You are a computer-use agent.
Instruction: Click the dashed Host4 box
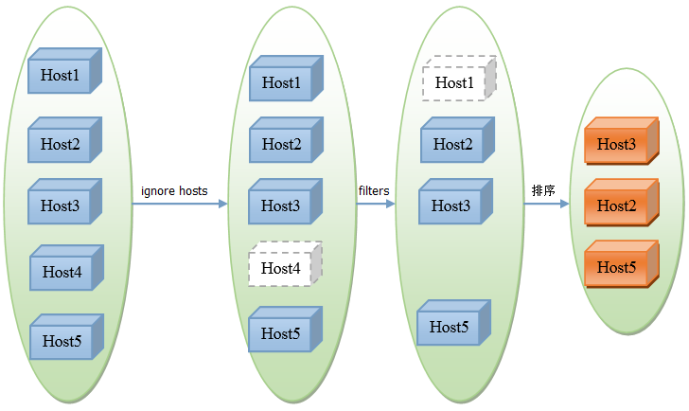[286, 264]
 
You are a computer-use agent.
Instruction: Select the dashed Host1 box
[459, 79]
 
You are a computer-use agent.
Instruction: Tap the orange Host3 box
[622, 141]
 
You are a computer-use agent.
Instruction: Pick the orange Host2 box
[622, 203]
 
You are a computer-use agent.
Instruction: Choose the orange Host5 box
[622, 264]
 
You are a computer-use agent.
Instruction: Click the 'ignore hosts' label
[174, 191]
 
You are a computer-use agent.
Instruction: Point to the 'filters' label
[374, 190]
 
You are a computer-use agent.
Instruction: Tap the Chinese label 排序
[543, 190]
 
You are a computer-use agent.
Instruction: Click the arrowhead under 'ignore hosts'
[223, 204]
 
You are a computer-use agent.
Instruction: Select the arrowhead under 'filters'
[391, 204]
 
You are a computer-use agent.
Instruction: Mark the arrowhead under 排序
[565, 204]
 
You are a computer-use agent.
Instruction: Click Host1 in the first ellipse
[65, 71]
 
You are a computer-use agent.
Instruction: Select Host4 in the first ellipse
[67, 268]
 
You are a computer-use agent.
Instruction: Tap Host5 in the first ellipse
[67, 337]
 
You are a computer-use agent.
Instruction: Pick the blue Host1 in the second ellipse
[287, 79]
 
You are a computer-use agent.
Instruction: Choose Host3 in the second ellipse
[286, 202]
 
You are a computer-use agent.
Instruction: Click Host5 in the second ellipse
[286, 330]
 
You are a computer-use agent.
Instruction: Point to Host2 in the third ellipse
[458, 140]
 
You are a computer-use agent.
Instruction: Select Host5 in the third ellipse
[454, 323]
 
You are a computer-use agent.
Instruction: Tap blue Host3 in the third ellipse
[456, 202]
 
